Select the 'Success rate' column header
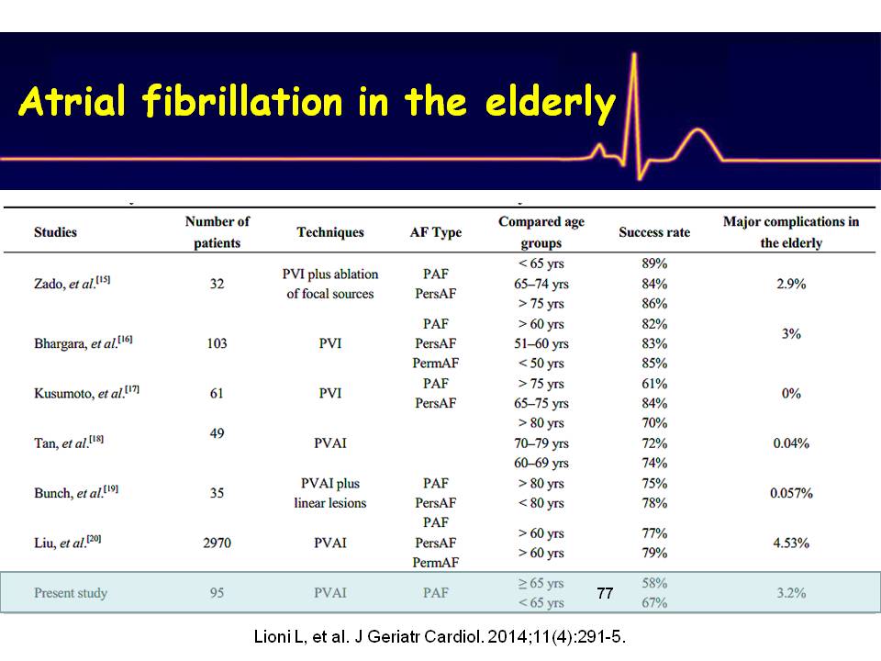click(654, 232)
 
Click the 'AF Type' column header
click(436, 232)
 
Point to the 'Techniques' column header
click(330, 232)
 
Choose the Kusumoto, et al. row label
click(86, 394)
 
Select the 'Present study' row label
click(71, 593)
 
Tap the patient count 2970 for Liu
click(217, 543)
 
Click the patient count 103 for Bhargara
click(217, 343)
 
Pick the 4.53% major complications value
click(790, 543)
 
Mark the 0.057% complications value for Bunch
click(790, 493)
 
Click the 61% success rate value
click(655, 384)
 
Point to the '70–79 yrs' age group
click(541, 443)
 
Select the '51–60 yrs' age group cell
click(541, 343)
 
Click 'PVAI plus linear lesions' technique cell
click(330, 493)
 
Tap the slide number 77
click(605, 594)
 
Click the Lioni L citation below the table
click(440, 636)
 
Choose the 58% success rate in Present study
click(655, 583)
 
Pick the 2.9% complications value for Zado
click(790, 285)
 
